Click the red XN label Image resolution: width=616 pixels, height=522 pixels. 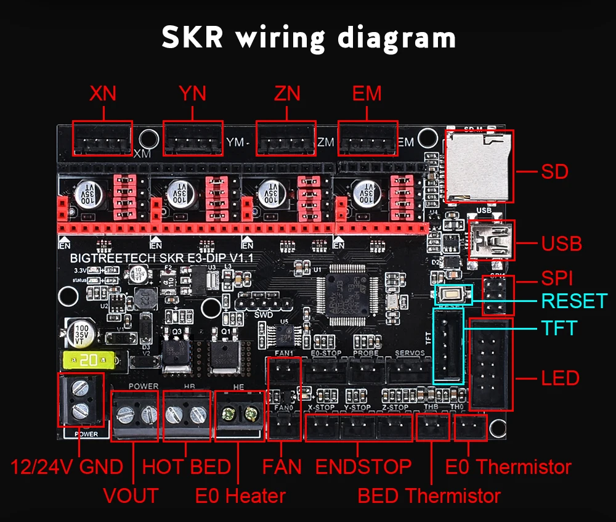click(103, 94)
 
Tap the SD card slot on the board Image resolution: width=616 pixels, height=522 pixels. click(479, 166)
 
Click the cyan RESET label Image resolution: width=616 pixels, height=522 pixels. click(573, 301)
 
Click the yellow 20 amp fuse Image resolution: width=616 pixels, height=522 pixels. click(88, 359)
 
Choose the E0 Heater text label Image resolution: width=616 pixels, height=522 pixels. click(240, 495)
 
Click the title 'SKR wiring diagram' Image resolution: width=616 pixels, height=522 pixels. click(309, 38)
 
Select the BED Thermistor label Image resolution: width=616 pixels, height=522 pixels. click(429, 495)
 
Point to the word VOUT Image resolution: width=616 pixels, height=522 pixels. click(131, 495)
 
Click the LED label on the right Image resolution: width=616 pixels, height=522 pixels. click(560, 378)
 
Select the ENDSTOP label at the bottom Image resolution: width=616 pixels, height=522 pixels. click(363, 467)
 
